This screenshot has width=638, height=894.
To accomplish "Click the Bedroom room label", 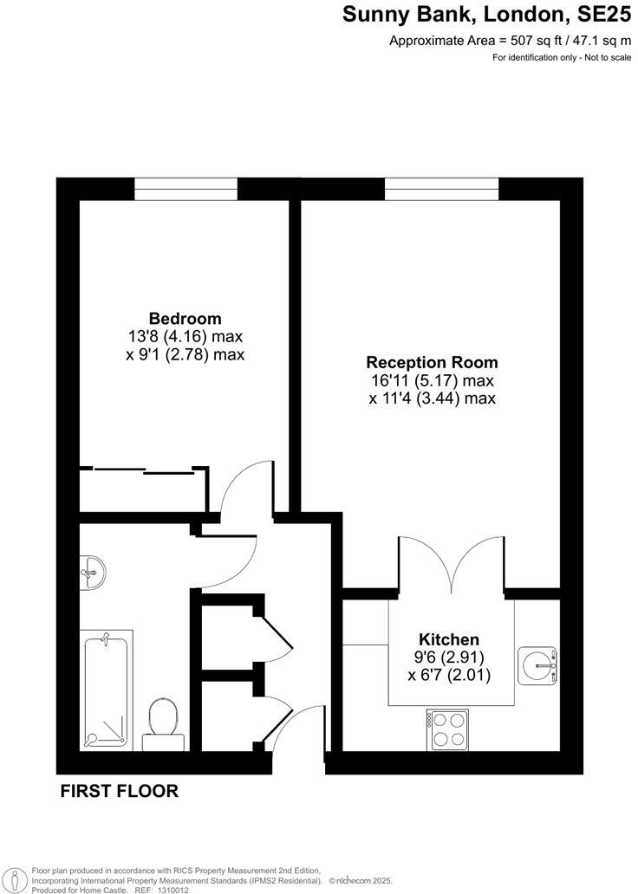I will pyautogui.click(x=185, y=319).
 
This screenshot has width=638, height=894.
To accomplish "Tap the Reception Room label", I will pyautogui.click(x=432, y=362).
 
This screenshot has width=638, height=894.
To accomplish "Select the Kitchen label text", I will pyautogui.click(x=449, y=639).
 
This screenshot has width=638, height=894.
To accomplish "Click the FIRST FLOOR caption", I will pyautogui.click(x=119, y=791).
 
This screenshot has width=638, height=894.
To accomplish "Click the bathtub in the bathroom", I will pyautogui.click(x=106, y=691).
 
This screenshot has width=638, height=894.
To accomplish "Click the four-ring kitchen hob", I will pyautogui.click(x=447, y=729).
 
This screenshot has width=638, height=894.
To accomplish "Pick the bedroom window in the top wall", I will pyautogui.click(x=186, y=189).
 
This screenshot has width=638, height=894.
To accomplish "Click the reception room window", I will pyautogui.click(x=442, y=189).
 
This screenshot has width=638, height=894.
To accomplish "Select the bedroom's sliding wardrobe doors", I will pyautogui.click(x=143, y=470).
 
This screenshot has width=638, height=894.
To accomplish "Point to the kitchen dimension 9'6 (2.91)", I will pyautogui.click(x=449, y=657).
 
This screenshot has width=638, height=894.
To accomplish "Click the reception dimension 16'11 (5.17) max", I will pyautogui.click(x=432, y=380).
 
